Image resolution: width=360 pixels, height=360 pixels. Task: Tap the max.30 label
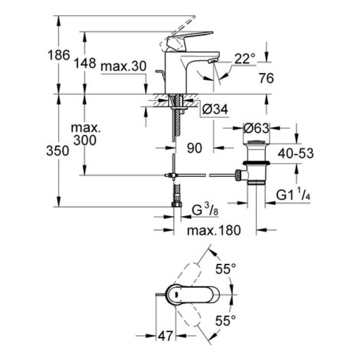[x=124, y=66]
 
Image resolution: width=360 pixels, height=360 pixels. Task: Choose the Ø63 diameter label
[x=255, y=128]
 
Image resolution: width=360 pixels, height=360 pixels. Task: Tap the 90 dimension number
[x=194, y=148]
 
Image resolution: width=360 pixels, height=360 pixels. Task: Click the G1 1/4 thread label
[x=294, y=195]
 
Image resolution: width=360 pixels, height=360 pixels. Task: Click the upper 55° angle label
[x=225, y=268]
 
